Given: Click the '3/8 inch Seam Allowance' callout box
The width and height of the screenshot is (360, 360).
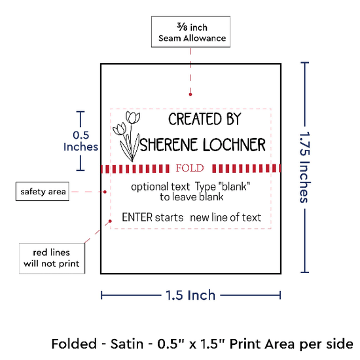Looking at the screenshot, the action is click(x=190, y=31).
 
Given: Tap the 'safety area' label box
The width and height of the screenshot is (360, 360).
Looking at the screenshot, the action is click(x=43, y=191).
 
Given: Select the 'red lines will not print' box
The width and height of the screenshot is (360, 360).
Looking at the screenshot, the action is click(x=52, y=259).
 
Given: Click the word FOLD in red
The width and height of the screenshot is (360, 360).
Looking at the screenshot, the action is click(x=190, y=168).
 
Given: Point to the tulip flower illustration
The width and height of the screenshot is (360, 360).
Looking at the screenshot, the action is click(x=127, y=136).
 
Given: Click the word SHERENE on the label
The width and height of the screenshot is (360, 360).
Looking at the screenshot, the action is click(x=169, y=145).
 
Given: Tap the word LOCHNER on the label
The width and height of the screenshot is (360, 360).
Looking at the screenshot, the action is click(x=234, y=145).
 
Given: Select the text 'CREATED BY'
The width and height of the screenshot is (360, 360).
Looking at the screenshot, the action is click(x=205, y=119).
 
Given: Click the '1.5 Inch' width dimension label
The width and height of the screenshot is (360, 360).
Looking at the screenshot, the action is click(x=190, y=295).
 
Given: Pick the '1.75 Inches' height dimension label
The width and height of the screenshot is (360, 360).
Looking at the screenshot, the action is click(x=305, y=167).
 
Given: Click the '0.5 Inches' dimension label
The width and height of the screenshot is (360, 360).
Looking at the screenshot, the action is click(x=81, y=141).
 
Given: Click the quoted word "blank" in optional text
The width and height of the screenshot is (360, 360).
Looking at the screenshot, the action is click(x=234, y=186).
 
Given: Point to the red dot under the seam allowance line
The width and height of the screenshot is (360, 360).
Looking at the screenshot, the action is click(x=190, y=94).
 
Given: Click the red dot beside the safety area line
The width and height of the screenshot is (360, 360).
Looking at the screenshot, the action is click(x=105, y=192).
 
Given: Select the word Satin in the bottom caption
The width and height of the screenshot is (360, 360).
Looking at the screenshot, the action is click(x=127, y=344).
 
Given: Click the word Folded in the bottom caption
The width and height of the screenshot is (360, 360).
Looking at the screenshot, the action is click(x=74, y=344).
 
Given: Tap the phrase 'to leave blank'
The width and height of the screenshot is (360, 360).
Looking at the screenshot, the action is click(x=192, y=197).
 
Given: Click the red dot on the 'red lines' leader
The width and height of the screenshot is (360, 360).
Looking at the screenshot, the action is click(x=110, y=221).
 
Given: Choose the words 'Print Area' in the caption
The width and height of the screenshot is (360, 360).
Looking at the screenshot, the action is click(x=262, y=344).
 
